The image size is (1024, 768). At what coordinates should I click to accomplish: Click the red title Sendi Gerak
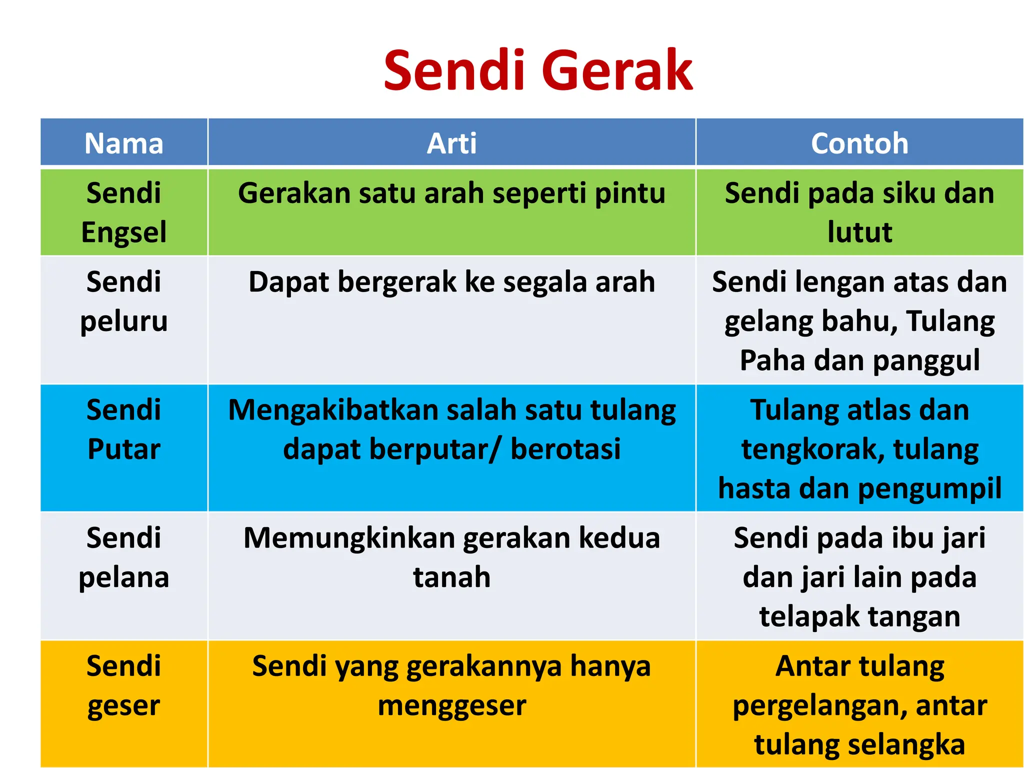click(538, 71)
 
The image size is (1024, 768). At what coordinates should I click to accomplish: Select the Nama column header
click(124, 143)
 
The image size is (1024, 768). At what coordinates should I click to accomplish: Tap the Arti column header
click(451, 143)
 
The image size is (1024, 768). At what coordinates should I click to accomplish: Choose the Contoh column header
click(859, 143)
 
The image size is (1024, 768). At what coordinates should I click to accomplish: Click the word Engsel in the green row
click(124, 232)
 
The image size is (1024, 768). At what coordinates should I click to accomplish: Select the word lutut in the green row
click(859, 232)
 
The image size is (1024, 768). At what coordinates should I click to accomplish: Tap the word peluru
click(124, 321)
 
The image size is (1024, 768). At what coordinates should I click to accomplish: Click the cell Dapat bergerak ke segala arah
click(451, 282)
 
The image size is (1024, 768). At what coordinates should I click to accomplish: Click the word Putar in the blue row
click(124, 449)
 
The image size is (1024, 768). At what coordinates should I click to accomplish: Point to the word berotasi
click(565, 449)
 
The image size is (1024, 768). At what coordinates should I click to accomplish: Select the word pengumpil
click(930, 489)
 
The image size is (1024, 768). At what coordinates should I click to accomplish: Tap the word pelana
click(124, 578)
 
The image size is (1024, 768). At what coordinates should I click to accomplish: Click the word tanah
click(451, 577)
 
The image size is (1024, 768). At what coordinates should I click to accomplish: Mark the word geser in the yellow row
click(124, 706)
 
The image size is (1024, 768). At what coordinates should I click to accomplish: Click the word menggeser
click(451, 706)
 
